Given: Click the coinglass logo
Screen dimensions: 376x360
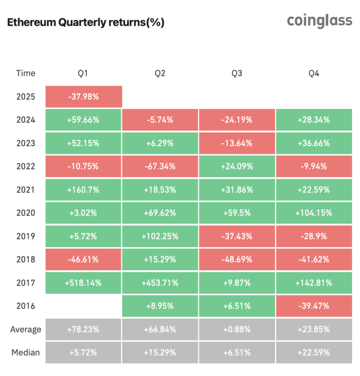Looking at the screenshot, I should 319,21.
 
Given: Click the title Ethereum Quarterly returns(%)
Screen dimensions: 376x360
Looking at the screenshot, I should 86,22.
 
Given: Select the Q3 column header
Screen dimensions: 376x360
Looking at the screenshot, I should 237,73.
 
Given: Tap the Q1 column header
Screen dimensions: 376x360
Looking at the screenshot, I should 83,73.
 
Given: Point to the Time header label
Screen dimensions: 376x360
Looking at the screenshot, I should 25,73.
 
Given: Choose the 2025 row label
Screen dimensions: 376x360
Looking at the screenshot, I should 25,96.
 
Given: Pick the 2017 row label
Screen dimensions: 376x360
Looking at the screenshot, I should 25,283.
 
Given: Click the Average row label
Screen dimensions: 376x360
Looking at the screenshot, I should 25,329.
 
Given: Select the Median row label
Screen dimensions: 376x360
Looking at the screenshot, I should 25,352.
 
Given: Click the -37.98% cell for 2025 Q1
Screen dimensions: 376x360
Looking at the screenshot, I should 83,96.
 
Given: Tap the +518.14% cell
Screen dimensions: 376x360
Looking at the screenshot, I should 83,283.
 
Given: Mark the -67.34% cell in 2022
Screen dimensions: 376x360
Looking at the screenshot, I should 160,166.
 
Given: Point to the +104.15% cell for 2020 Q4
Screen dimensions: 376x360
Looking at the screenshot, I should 314,213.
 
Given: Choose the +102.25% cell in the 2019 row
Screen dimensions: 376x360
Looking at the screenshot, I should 160,236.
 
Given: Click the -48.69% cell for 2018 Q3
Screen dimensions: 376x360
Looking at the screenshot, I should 237,259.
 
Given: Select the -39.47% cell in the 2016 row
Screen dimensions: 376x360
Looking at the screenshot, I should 314,306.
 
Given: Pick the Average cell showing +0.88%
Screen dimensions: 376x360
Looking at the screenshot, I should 237,329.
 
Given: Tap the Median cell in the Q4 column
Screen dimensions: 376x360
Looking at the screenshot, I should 314,352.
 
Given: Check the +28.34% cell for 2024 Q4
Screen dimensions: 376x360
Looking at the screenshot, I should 314,120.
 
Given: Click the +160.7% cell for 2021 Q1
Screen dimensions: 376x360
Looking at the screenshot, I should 83,190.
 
